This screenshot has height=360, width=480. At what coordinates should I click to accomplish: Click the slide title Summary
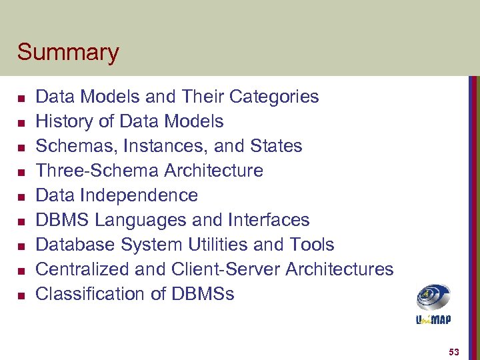68,52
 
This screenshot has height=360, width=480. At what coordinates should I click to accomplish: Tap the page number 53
454,351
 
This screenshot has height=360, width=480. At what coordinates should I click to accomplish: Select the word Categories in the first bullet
274,97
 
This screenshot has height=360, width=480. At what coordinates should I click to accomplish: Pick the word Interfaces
270,220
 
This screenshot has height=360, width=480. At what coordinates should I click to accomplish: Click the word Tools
312,245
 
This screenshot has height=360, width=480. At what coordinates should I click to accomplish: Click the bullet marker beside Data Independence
21,197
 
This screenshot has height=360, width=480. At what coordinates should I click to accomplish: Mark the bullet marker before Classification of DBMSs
21,295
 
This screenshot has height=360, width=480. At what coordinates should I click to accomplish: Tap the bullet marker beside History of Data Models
21,123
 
